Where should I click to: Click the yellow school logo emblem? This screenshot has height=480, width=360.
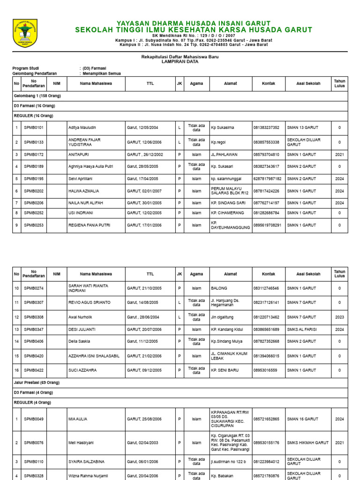25,33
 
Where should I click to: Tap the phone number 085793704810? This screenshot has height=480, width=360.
266,154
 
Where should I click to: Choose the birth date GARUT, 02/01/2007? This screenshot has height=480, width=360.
142,191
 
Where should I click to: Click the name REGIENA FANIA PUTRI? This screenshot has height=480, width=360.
90,225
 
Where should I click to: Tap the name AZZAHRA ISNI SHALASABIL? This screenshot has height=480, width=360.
94,356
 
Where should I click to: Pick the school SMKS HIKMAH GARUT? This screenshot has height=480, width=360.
308,442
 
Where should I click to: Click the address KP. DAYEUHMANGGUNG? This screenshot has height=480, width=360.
230,225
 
